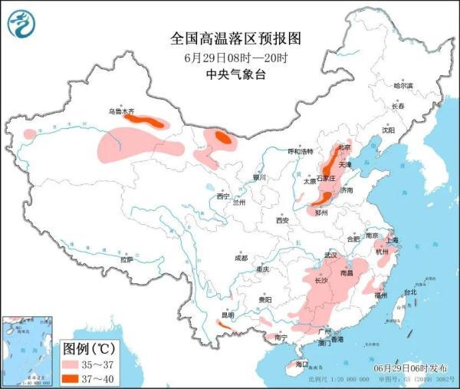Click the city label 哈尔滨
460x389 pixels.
(x=402, y=86)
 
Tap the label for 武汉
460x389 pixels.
(x=331, y=254)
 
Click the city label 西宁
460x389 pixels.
(x=223, y=196)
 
